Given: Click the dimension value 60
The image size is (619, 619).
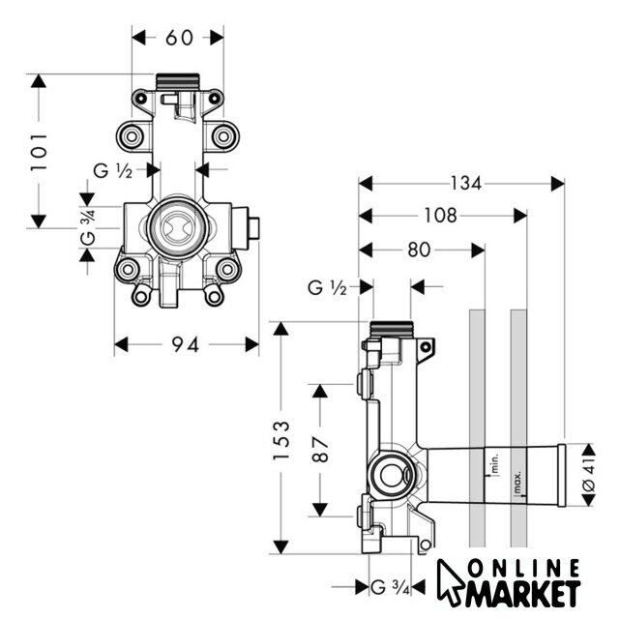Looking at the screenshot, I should [179, 38].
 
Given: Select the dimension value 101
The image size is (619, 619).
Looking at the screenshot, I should [40, 152].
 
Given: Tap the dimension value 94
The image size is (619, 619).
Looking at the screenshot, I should [186, 344].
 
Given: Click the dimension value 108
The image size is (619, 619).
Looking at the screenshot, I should [439, 216].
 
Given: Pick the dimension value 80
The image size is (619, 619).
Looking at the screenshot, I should [419, 250].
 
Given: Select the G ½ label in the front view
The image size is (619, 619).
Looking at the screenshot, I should [112, 171].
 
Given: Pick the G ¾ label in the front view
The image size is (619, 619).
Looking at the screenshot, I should [87, 223].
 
